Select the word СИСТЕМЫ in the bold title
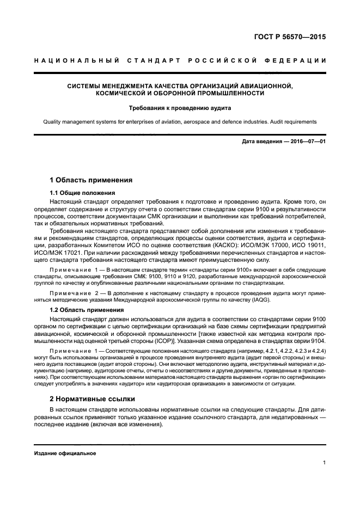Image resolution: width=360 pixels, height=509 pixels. tap(86, 85)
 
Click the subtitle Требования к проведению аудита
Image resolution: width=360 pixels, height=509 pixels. tap(180, 108)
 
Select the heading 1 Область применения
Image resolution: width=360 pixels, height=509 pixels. tap(91, 180)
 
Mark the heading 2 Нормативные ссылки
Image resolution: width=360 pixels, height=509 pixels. tap(93, 398)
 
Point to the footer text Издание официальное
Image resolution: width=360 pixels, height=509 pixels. tap(65, 453)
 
